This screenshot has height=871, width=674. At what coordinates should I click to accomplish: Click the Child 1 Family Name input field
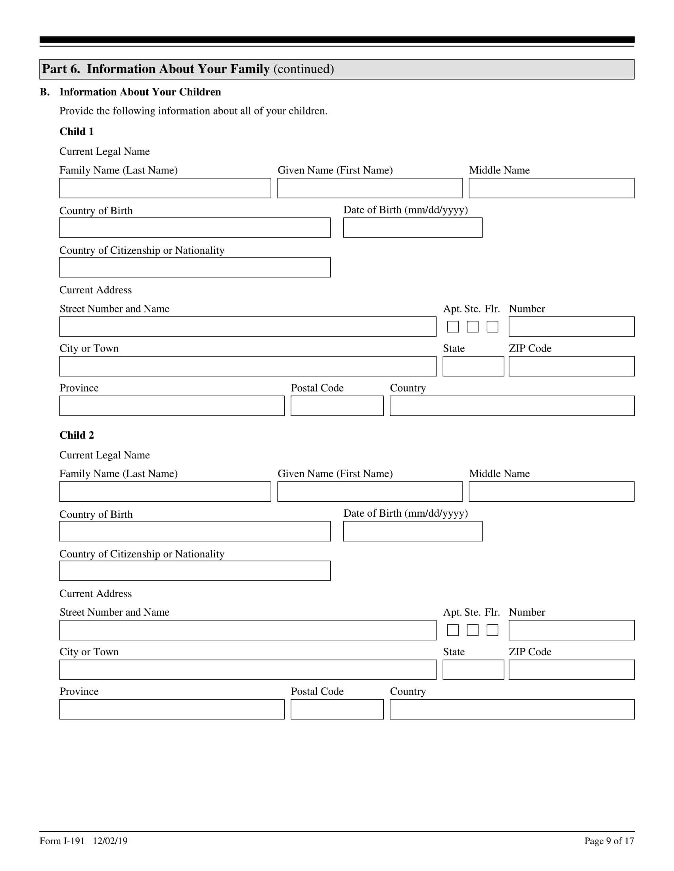165,188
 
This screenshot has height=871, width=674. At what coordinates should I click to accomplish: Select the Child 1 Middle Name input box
551,188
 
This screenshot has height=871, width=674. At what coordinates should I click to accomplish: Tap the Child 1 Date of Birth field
412,227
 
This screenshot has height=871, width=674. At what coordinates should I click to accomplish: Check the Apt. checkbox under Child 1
452,327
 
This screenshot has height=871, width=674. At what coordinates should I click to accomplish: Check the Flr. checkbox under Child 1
492,327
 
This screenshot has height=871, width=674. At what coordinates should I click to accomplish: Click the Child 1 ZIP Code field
571,366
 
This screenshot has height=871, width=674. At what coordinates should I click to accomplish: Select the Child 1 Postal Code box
337,405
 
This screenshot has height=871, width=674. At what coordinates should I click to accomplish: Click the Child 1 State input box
473,366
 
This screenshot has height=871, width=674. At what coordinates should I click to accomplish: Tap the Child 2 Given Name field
370,491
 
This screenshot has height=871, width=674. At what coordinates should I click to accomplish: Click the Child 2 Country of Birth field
194,531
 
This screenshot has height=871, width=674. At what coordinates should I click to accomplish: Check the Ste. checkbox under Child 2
472,630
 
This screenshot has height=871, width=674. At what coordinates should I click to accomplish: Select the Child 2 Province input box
172,709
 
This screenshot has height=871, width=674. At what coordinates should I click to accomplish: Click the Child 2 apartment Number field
571,630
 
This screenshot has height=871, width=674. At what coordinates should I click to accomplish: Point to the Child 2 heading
77,435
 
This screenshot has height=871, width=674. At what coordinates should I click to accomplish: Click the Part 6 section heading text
188,69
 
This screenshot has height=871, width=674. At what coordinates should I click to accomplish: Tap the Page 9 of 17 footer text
609,841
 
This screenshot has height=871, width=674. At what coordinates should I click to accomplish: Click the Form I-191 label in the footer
62,841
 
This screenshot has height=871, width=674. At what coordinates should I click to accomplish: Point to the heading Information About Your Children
140,92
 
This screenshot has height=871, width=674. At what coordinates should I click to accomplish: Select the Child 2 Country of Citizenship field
194,571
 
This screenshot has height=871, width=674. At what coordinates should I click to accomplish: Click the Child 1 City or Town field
247,366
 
